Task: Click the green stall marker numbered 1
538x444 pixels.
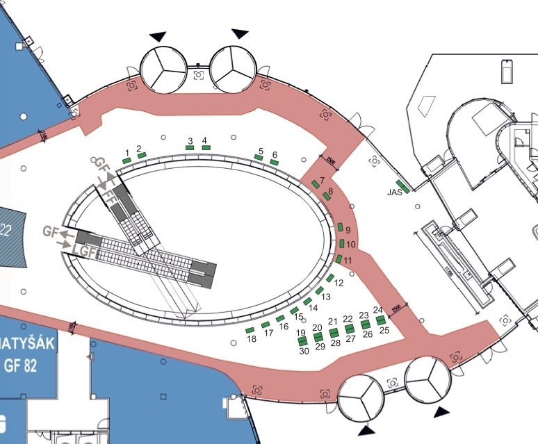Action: click(x=127, y=161)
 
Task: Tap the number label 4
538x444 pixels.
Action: click(x=205, y=140)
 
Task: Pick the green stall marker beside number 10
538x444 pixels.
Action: click(x=341, y=244)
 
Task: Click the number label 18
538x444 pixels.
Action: click(x=251, y=339)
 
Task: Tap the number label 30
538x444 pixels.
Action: click(x=304, y=351)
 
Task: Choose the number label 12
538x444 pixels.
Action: click(x=339, y=283)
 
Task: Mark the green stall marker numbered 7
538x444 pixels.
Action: click(x=316, y=183)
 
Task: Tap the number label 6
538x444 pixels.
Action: click(x=275, y=154)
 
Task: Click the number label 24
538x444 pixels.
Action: click(x=377, y=310)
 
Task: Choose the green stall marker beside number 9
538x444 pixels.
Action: click(x=340, y=228)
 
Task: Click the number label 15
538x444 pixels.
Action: click(x=299, y=317)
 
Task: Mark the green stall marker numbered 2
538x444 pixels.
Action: click(x=142, y=156)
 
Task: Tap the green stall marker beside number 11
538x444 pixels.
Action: click(x=339, y=258)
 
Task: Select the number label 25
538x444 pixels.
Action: click(x=384, y=330)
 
